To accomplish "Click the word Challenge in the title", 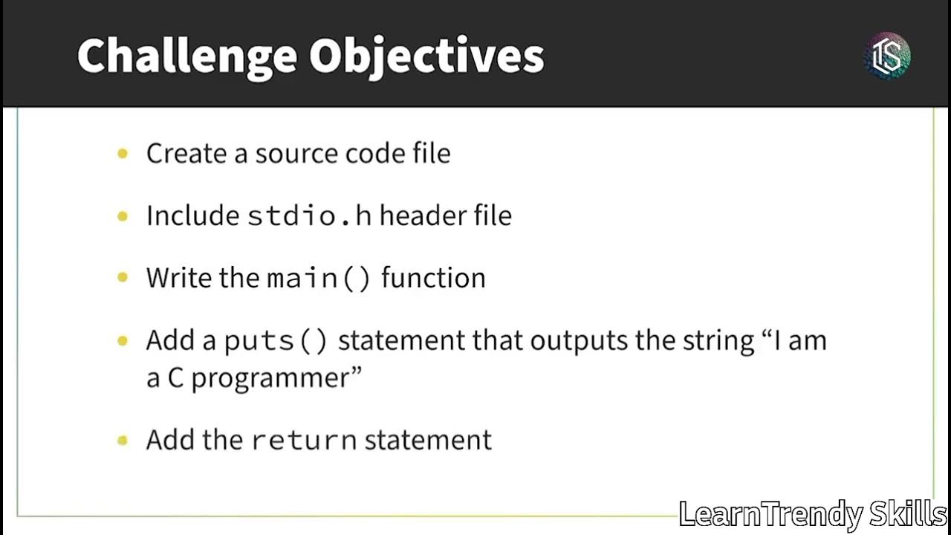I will pos(186,56).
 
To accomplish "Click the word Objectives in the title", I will pos(426,56).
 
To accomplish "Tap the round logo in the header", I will pos(887,56).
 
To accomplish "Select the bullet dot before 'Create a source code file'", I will pos(123,154).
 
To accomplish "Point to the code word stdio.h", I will pos(309,215).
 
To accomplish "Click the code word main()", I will pos(318,278).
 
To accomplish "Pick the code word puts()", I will pos(276,340).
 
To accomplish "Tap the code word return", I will pos(304,440).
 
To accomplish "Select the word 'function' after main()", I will pos(433,278).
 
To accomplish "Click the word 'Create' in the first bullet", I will pos(186,154).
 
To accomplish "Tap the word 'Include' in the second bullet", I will pos(192,215).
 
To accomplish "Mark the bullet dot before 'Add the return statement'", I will pos(123,440).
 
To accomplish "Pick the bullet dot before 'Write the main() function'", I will pos(123,278).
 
